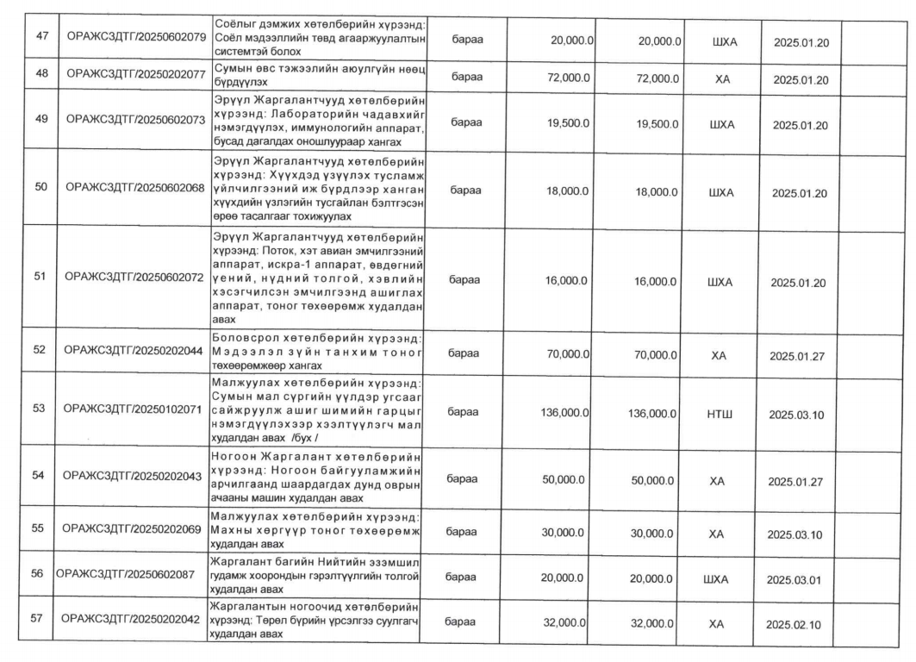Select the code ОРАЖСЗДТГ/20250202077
[x=135, y=78]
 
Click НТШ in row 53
[x=722, y=414]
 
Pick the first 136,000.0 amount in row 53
[x=564, y=413]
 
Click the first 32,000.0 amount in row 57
[x=564, y=623]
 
